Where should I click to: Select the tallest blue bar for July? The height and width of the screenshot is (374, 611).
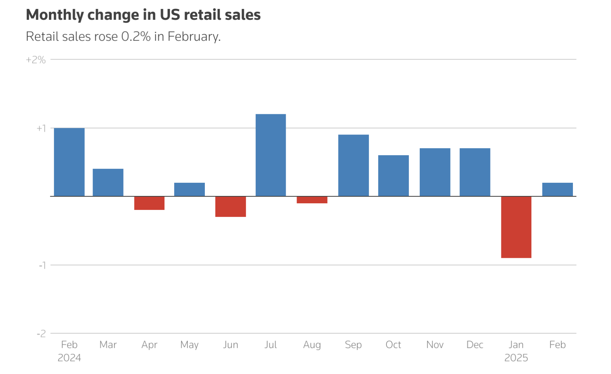(x=271, y=155)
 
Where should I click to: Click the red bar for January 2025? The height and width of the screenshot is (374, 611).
(x=516, y=227)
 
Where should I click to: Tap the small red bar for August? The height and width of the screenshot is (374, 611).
(x=312, y=200)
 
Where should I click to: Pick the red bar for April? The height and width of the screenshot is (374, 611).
(x=149, y=203)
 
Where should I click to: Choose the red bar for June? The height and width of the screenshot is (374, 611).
(x=230, y=206)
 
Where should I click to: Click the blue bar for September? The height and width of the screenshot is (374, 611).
(x=353, y=165)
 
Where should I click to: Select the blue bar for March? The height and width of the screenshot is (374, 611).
(x=108, y=182)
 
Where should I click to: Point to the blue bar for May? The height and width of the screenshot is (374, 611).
(x=189, y=189)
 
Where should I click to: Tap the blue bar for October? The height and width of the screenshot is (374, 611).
(x=393, y=176)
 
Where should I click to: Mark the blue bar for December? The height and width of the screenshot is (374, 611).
(x=475, y=172)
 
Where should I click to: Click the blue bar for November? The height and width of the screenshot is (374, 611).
(x=435, y=172)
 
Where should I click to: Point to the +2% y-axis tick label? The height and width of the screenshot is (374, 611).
(x=36, y=60)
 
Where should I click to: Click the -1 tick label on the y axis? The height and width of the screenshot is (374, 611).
(x=42, y=265)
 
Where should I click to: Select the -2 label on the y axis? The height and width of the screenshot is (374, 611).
(x=41, y=334)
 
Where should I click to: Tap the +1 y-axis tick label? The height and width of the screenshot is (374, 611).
(x=41, y=128)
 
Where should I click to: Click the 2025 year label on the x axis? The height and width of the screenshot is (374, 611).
(x=516, y=358)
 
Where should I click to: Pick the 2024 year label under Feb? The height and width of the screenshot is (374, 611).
(x=69, y=358)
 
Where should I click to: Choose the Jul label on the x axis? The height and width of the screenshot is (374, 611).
(x=271, y=345)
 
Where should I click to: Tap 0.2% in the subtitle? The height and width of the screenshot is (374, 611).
(x=136, y=37)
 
